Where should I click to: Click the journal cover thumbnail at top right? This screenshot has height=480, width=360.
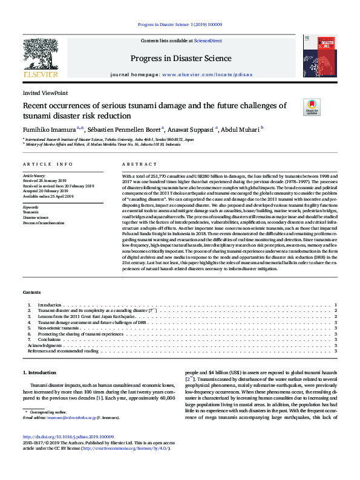(x=320, y=56)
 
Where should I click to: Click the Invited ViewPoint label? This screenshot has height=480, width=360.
(x=45, y=93)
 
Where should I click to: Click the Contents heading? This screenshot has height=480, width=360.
(x=32, y=291)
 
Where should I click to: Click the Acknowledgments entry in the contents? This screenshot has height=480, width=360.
(x=45, y=345)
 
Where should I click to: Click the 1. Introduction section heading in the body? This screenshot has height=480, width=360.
(x=39, y=372)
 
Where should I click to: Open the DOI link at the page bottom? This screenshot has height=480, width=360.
(x=68, y=437)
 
